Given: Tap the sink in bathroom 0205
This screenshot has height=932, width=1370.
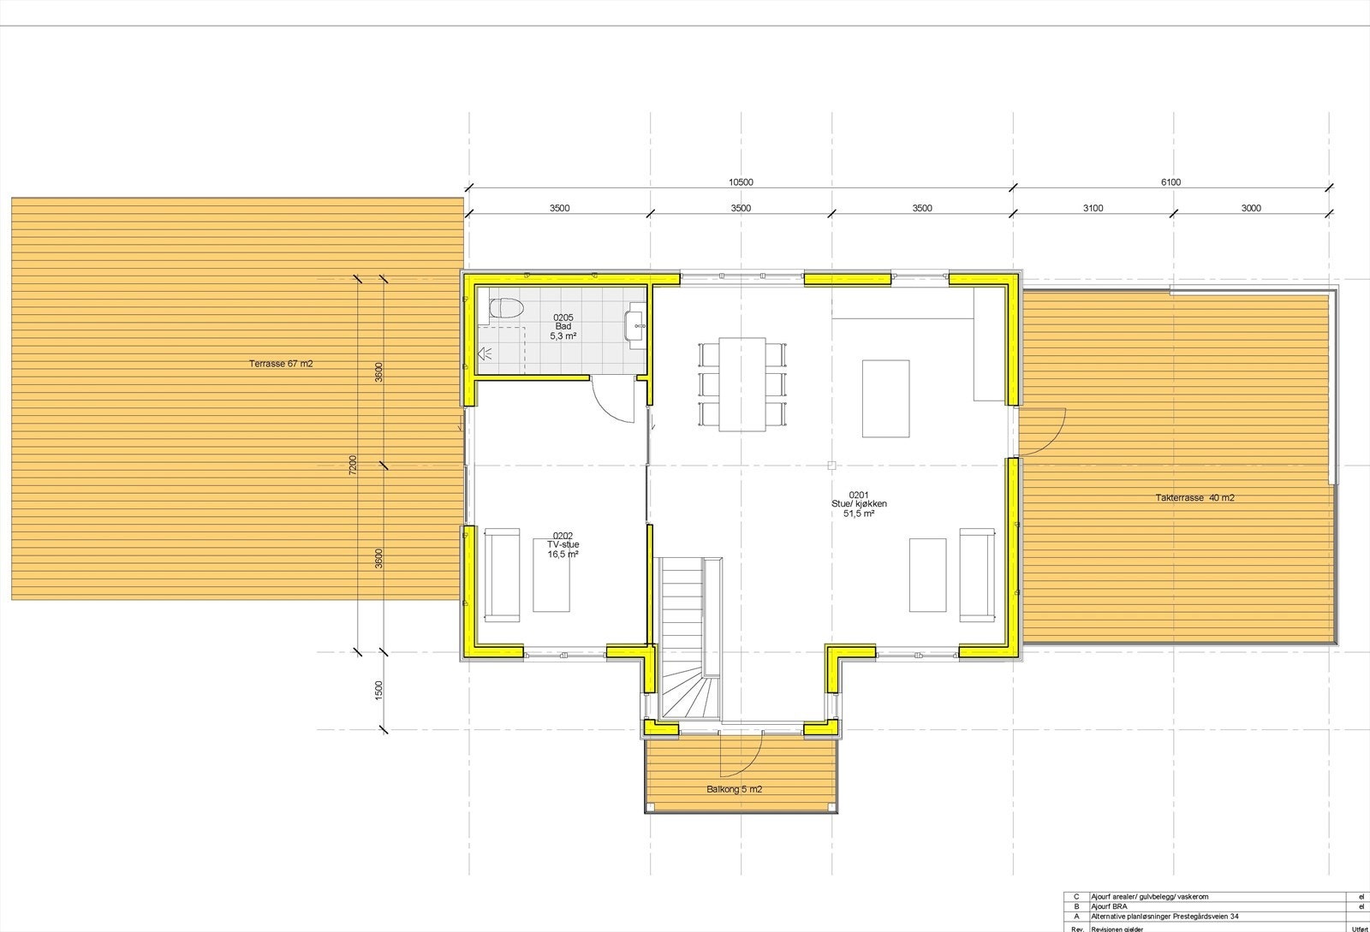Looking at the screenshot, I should coord(634,326).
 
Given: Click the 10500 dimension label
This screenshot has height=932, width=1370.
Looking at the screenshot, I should coord(741,182).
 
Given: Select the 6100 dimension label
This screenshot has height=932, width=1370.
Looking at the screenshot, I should coord(1170,182).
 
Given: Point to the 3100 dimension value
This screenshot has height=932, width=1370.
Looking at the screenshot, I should coord(1093,208).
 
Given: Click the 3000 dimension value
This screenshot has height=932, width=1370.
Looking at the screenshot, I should coord(1250,208).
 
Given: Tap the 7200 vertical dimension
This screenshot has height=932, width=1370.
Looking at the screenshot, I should coord(353,466).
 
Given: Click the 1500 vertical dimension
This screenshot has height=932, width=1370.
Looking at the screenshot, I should coord(378,691).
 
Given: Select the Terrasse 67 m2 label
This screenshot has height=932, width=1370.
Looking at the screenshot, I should coord(281,364).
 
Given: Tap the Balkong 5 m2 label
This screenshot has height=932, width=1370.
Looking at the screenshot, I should coord(734,789).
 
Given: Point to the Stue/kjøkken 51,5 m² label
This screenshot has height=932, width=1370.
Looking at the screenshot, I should coord(859,504).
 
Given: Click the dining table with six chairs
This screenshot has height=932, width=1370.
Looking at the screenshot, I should coord(742,384).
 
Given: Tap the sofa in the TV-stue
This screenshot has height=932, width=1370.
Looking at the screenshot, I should coord(503,575).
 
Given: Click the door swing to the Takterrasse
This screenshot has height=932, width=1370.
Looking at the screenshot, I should coord(1043,431).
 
